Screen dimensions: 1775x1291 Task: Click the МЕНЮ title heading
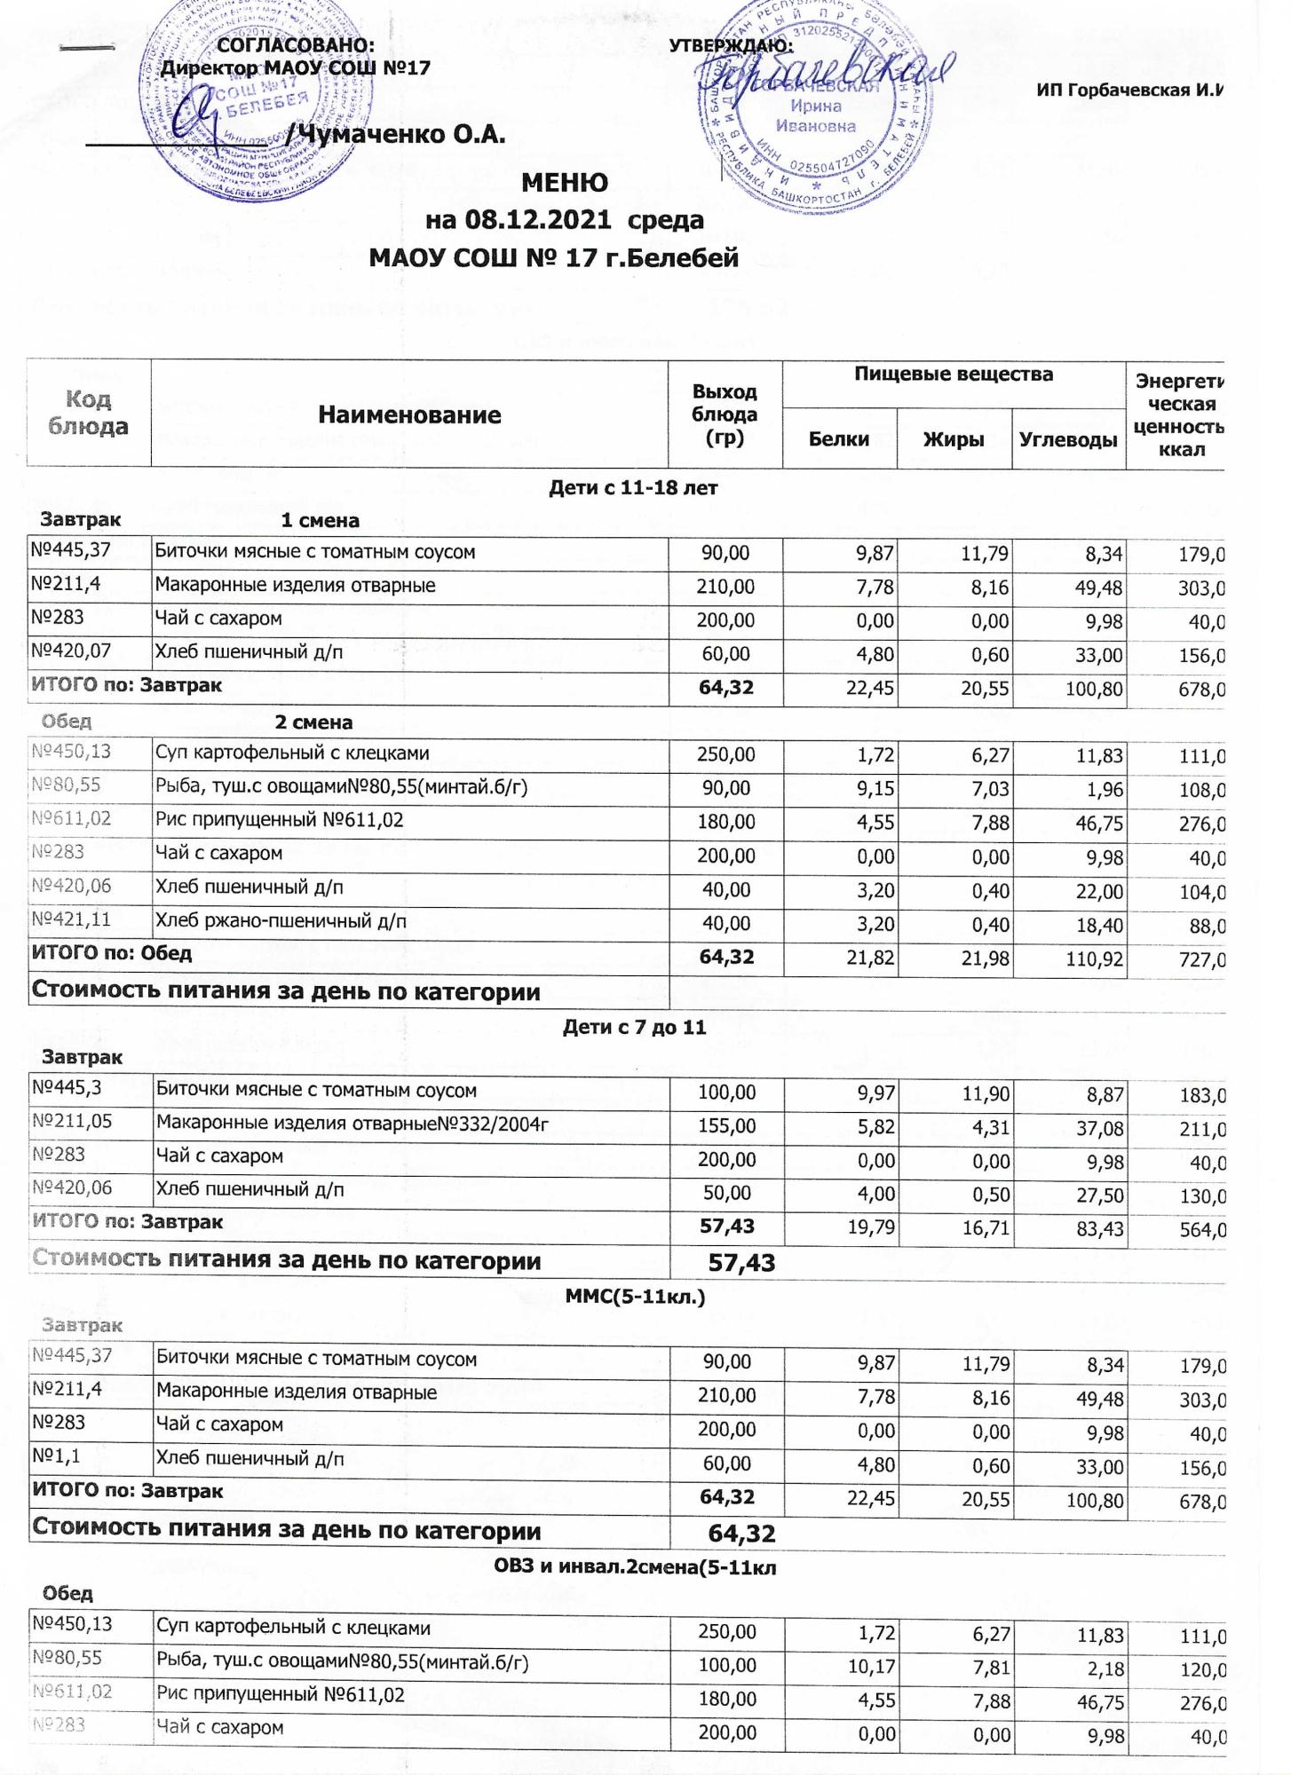point(565,183)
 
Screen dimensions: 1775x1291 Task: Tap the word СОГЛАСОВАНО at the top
point(296,46)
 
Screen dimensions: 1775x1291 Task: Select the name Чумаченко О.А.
point(401,134)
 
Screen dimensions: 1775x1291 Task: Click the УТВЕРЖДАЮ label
point(730,46)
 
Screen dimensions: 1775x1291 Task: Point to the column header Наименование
point(409,414)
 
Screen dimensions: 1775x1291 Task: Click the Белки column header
point(839,438)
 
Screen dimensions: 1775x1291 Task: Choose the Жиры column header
point(954,438)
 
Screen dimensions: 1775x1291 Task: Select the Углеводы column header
point(1068,438)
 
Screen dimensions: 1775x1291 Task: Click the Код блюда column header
point(88,413)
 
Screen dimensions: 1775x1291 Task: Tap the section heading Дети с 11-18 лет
point(633,487)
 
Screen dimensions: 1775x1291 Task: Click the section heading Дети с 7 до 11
point(634,1028)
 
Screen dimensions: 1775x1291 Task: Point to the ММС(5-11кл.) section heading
point(635,1297)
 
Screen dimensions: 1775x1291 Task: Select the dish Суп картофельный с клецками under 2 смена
point(292,753)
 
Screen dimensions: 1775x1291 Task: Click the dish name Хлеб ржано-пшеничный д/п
point(281,921)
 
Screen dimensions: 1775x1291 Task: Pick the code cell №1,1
point(57,1457)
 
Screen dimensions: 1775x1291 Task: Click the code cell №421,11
point(71,919)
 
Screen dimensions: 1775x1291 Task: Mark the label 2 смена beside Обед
point(313,722)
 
